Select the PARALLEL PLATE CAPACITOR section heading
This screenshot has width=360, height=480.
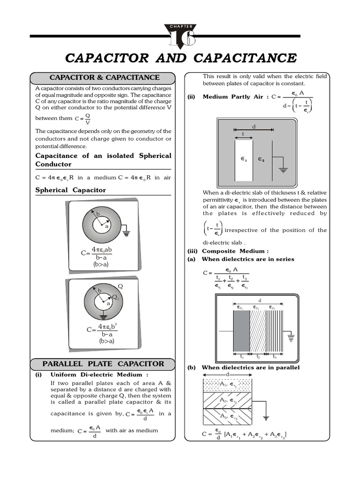pos(103,364)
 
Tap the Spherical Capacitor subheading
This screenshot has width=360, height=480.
pos(71,190)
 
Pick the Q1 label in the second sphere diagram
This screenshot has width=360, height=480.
pos(116,298)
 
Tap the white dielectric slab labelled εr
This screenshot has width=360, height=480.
pos(243,160)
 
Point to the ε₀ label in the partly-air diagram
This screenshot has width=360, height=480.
pos(261,159)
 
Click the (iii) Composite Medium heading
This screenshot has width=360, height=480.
pos(228,251)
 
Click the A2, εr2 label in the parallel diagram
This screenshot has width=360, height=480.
pos(229,400)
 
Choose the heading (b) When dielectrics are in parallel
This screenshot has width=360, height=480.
pos(244,367)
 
